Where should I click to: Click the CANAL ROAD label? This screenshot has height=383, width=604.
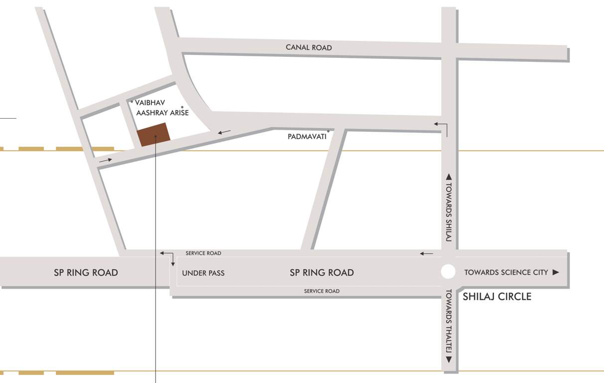[308, 47]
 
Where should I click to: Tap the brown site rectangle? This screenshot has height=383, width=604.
[153, 135]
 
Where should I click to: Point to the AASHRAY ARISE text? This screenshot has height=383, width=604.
[162, 113]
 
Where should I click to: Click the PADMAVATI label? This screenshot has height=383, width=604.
[307, 136]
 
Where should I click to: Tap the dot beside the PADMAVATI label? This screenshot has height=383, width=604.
[328, 131]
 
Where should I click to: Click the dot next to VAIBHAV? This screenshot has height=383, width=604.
[132, 102]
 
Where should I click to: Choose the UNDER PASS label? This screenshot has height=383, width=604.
[203, 273]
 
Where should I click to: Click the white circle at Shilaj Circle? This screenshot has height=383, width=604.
[448, 272]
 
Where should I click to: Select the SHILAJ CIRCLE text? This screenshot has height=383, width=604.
[497, 297]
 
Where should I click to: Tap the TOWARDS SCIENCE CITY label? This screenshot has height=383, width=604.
[506, 272]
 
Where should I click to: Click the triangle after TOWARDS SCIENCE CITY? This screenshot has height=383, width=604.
[556, 272]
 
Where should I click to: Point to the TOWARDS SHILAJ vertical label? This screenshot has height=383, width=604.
[449, 212]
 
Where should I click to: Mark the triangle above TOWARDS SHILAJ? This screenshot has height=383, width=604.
[449, 177]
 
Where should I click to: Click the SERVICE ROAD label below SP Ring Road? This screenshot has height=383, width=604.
[322, 291]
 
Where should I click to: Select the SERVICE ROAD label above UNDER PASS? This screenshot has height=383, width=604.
[203, 253]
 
